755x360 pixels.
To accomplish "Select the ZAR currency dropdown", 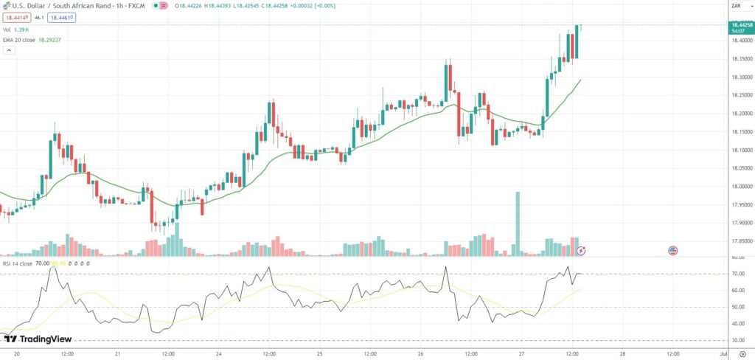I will pos(735,6).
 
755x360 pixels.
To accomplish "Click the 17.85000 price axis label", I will pos(741,241).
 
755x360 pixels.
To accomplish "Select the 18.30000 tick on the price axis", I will pos(741,77).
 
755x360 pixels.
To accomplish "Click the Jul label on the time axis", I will pos(723,354).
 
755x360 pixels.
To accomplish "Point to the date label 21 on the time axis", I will pos(118,354).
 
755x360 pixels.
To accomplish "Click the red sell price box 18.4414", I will pos(15,16).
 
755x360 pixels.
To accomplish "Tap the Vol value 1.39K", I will pos(22,30).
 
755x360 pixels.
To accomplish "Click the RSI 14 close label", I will pos(16,263).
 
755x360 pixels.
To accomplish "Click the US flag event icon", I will pos(672,251).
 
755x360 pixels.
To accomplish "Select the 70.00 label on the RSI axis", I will pos(737,274).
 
